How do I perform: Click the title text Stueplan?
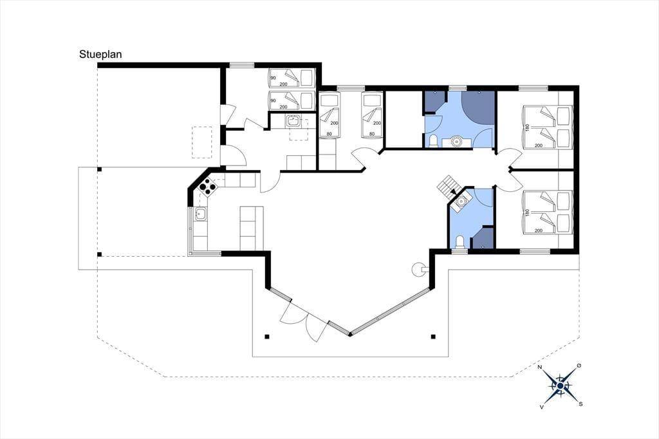click(100, 55)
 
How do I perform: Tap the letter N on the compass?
click(541, 367)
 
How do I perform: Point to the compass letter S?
click(580, 404)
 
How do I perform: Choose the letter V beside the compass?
click(542, 407)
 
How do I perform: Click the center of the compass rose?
click(561, 386)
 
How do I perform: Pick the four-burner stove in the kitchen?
click(207, 186)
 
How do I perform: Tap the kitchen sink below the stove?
click(201, 214)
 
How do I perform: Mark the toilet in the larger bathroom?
click(433, 141)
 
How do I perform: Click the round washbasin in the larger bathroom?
click(456, 142)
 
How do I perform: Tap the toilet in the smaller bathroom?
click(459, 242)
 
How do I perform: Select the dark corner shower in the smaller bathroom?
click(483, 238)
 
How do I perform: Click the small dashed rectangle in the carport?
click(202, 142)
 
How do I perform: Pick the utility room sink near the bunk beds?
click(293, 121)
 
